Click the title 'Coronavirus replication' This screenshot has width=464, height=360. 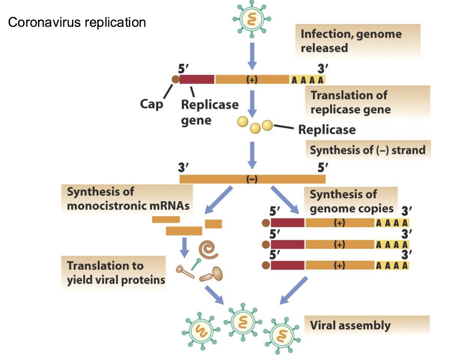point(77,22)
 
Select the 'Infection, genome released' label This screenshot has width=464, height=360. point(351,41)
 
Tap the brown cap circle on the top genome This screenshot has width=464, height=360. point(175,80)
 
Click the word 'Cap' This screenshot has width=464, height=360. point(151,104)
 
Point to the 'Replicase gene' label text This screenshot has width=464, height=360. point(210,112)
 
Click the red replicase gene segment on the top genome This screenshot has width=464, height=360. point(197,79)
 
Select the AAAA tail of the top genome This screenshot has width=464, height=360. point(308,80)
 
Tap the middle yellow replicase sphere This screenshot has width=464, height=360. point(255,129)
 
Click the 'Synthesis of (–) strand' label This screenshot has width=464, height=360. point(367,150)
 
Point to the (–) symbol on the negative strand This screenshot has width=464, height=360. point(252,179)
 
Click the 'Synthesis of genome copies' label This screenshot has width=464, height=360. point(351,201)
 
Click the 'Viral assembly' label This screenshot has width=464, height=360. point(350,326)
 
